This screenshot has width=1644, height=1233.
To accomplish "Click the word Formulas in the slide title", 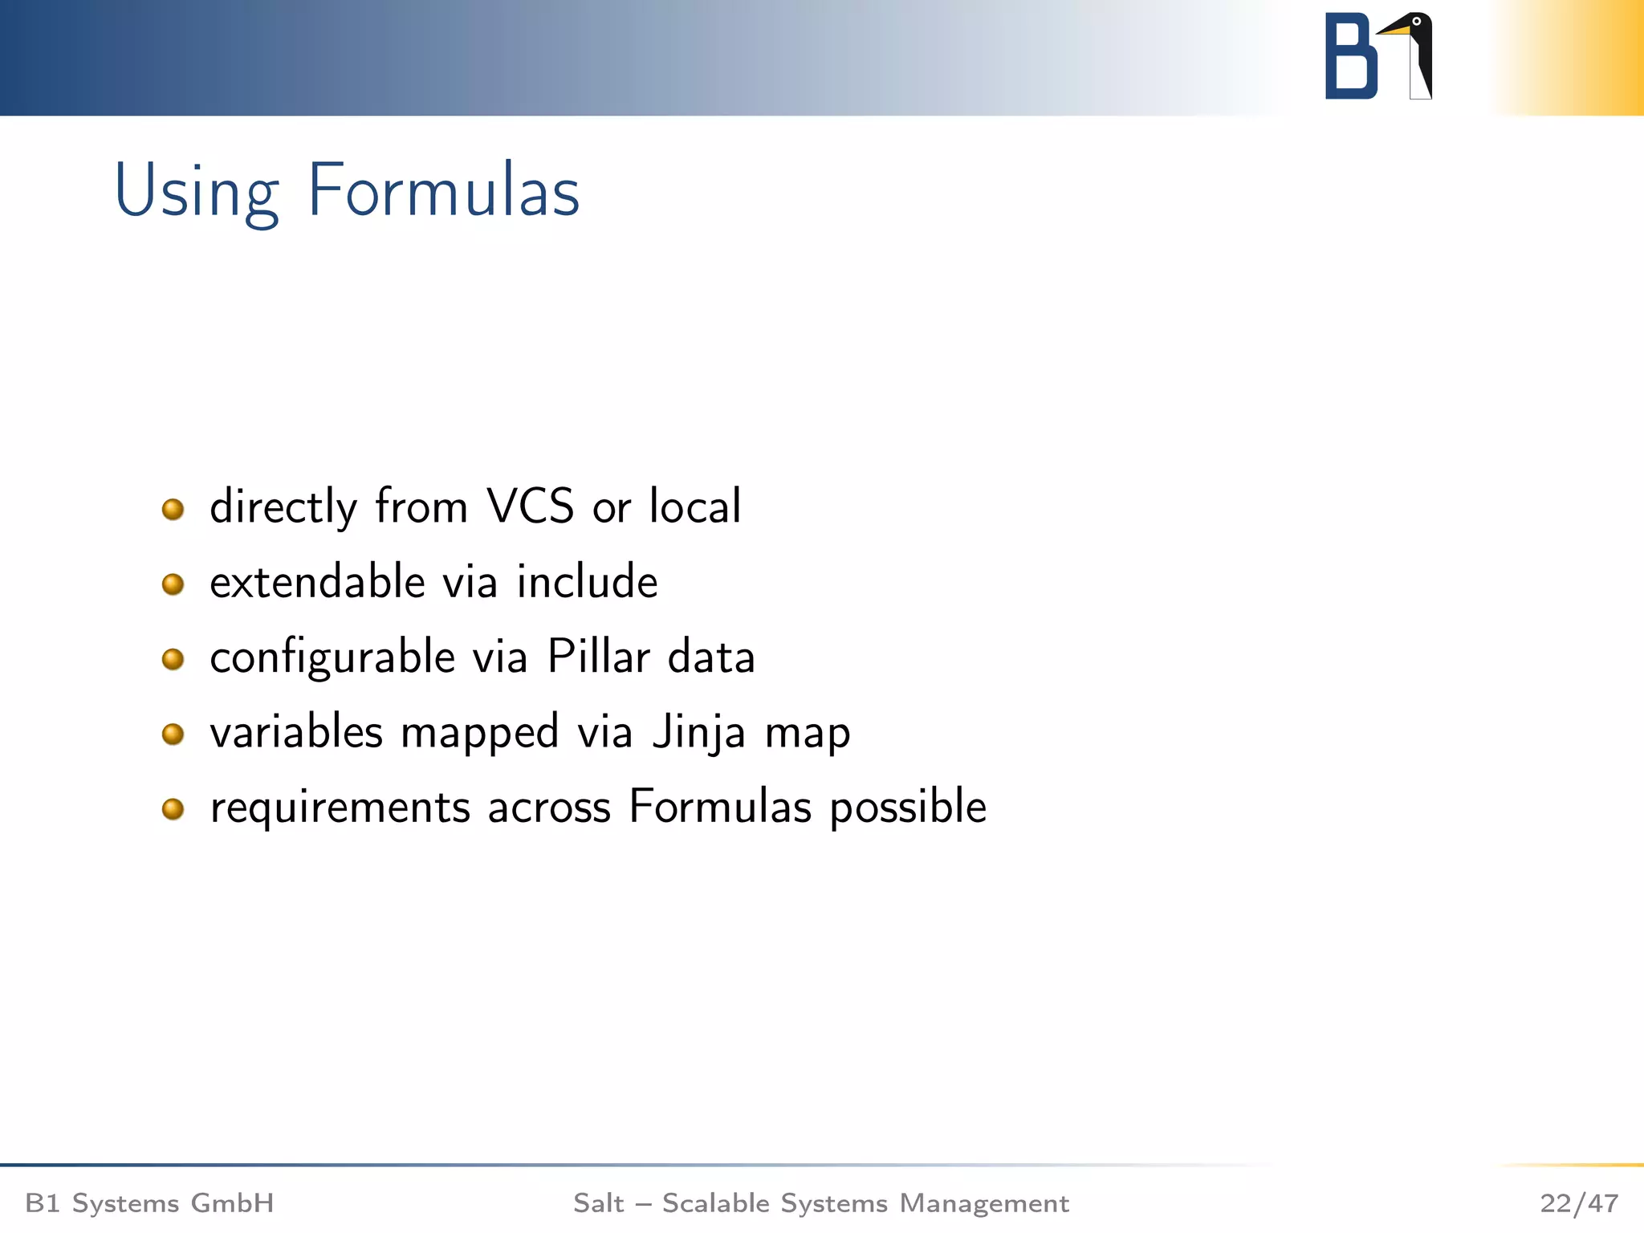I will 443,191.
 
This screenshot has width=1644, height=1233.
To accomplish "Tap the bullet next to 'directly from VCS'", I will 173,509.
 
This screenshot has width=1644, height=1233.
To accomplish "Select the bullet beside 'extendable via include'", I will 173,584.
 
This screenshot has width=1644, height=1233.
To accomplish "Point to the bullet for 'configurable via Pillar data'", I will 173,659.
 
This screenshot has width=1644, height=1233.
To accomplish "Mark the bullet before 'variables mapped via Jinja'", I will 173,734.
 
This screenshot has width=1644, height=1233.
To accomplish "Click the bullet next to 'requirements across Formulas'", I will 173,808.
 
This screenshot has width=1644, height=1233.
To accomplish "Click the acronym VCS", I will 531,507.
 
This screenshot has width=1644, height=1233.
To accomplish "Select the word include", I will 587,581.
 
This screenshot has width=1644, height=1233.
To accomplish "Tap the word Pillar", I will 598,657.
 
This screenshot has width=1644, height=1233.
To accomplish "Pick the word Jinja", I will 698,733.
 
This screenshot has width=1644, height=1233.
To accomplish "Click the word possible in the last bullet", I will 908,808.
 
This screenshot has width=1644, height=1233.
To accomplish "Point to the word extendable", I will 317,581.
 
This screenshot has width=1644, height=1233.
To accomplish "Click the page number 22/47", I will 1579,1203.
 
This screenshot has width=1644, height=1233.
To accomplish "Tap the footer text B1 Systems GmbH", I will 150,1203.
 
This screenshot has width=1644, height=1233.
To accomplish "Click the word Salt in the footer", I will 598,1203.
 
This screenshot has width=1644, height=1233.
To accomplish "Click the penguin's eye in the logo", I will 1417,22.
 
